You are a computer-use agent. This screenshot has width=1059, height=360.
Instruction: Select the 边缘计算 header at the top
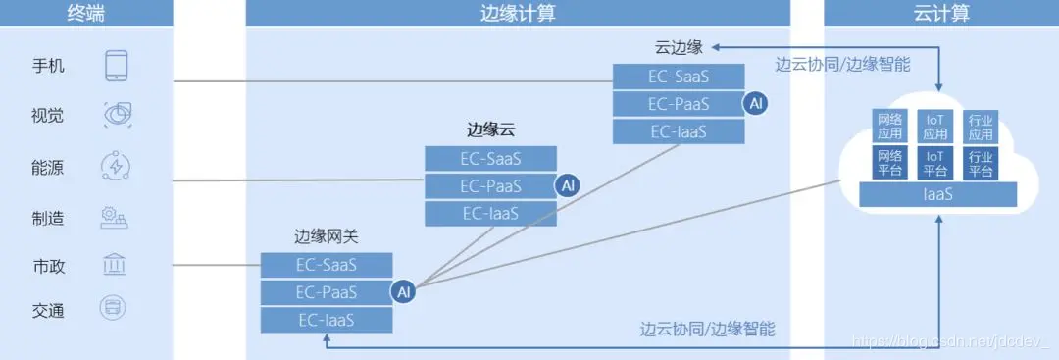coord(517,12)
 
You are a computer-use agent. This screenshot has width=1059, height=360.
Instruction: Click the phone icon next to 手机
coord(117,66)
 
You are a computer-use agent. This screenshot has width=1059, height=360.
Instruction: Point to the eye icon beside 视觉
coord(117,116)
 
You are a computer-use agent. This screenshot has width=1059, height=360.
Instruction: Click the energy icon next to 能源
coord(117,167)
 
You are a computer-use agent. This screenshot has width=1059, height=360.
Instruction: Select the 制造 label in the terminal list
coord(47,217)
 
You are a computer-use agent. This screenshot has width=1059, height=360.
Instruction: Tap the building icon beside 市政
coord(115,265)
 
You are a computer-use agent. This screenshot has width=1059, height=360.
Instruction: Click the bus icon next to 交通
coord(115,310)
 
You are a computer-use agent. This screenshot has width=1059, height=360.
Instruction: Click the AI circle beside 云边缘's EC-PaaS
coord(754,103)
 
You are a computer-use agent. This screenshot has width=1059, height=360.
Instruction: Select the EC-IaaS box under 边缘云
coord(490,213)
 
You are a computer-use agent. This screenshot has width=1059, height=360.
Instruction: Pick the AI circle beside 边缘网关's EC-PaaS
coord(403,291)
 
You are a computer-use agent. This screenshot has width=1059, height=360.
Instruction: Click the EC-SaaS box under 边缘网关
coord(327,265)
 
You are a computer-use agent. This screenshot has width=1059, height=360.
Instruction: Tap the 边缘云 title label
coord(491,129)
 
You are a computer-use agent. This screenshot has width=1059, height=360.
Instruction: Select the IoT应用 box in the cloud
coord(935,126)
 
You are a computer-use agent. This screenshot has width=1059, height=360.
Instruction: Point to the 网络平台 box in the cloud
coord(889,163)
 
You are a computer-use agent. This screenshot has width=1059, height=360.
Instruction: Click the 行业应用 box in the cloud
coord(980,126)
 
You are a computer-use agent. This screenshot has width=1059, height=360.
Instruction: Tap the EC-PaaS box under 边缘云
coord(490,185)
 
